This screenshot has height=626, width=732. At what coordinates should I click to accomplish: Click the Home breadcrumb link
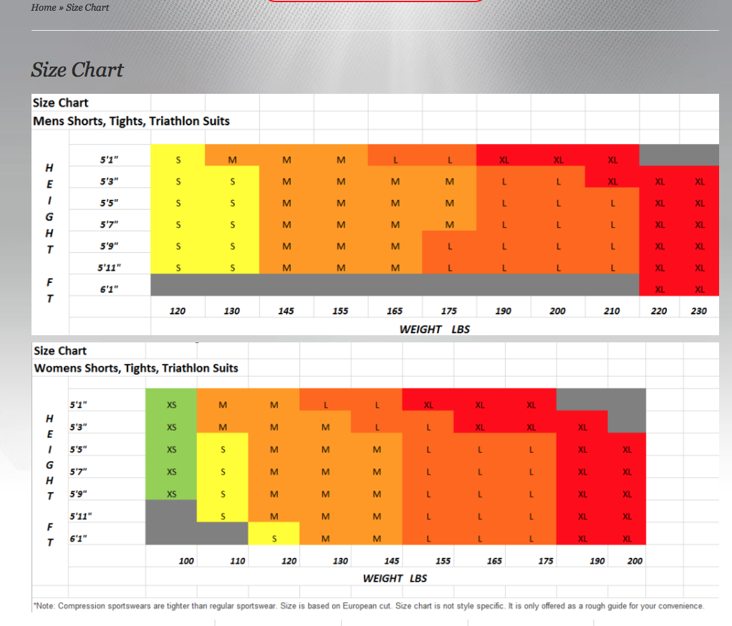coord(43,7)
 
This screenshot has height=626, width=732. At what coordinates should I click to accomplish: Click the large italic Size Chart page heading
coord(77,69)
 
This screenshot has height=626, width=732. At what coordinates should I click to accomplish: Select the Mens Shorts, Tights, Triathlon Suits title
coord(131,121)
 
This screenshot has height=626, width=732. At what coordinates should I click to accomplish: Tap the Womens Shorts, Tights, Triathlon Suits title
coord(136,368)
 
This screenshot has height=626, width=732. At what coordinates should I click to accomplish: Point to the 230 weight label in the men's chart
coord(699,311)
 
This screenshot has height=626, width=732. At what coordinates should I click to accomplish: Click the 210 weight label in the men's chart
coord(612,311)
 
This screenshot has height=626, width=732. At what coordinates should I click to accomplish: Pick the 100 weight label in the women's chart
coord(186,561)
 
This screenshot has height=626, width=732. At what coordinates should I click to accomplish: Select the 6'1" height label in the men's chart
coord(109,289)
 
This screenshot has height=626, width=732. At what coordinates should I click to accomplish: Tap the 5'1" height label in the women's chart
coord(78,404)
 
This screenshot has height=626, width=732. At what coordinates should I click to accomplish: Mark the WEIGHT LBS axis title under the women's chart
coord(395,578)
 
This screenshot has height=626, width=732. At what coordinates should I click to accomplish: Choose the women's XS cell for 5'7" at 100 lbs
coord(172,471)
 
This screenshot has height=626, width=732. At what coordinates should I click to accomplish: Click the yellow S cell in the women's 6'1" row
coord(274,539)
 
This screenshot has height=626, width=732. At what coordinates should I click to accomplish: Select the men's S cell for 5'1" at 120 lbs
coord(178,160)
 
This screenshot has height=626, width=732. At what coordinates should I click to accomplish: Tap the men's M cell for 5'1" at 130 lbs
coord(232,160)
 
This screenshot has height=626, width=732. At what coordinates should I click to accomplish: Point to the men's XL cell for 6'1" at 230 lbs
coord(700,289)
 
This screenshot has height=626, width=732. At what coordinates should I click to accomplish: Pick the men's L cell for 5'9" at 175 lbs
coord(450,246)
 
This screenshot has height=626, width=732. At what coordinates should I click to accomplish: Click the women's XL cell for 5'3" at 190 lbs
coord(582,428)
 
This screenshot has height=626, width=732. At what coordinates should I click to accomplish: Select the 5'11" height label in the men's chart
coord(109,268)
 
